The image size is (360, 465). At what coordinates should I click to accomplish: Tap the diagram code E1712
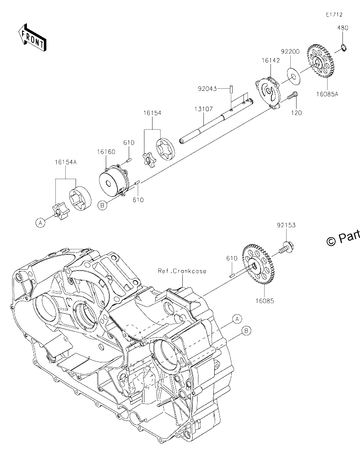point(334,14)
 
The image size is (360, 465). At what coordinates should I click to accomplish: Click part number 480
point(342,28)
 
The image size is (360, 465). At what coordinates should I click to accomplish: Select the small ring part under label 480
point(344,47)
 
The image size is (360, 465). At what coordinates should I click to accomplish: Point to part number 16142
point(270,60)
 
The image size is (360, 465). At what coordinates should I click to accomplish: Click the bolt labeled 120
point(292,95)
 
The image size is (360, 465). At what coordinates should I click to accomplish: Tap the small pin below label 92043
point(230,89)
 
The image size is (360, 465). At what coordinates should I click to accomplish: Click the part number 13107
point(204,109)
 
